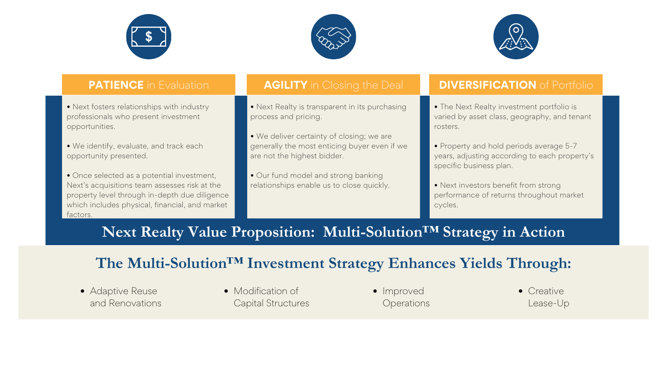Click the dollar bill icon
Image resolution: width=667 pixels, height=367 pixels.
[x=149, y=37]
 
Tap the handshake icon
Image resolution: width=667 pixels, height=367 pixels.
[x=333, y=37]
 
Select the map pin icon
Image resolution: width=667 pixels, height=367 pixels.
[x=516, y=37]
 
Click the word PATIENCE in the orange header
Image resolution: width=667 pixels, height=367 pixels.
[x=116, y=85]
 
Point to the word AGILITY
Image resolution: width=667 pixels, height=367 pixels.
[x=285, y=85]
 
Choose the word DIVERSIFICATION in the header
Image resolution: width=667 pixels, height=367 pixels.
[x=487, y=85]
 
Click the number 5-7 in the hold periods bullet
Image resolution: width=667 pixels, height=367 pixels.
[x=571, y=146]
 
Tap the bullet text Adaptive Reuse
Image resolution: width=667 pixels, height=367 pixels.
[x=123, y=291]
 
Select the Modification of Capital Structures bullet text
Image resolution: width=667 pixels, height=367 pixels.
[x=271, y=297]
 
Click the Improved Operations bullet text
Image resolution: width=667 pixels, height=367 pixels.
[x=406, y=297]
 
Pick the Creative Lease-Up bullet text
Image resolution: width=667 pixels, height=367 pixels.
[x=549, y=297]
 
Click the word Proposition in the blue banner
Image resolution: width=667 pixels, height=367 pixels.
[x=273, y=232]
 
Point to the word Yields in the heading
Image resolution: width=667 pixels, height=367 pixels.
[x=480, y=263]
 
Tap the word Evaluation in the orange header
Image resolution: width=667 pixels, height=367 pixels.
[x=183, y=85]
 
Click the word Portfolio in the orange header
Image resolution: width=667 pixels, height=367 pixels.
[x=572, y=85]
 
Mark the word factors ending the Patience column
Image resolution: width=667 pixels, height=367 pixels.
[x=79, y=215]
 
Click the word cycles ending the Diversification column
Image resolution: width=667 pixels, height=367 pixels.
[x=446, y=205]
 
